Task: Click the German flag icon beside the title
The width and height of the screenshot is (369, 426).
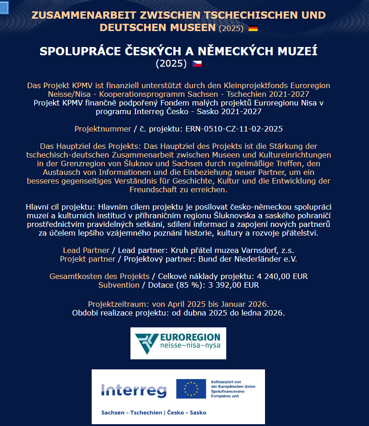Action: [x=253, y=28]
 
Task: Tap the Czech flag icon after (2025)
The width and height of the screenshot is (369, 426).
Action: [x=197, y=63]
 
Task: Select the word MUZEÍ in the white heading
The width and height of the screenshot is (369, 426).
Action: [x=294, y=51]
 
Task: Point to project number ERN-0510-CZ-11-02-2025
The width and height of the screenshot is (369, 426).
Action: [x=237, y=129]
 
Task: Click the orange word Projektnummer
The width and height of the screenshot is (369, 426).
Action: [x=103, y=129]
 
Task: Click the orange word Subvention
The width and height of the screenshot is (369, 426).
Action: [x=119, y=285]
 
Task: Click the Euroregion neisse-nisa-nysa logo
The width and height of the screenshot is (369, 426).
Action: [x=178, y=343]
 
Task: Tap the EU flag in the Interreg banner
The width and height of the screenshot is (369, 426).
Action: [x=191, y=388]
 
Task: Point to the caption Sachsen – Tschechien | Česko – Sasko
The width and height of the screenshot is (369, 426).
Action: [x=154, y=412]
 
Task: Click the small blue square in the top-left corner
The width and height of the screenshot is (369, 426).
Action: [x=4, y=7]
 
